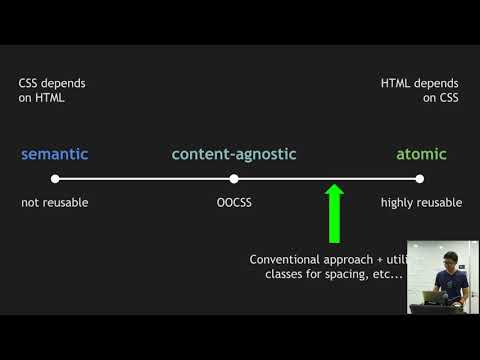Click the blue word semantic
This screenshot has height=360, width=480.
click(55, 154)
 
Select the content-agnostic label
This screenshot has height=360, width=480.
click(234, 154)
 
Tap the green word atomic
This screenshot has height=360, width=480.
click(421, 154)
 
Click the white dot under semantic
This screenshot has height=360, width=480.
click(55, 179)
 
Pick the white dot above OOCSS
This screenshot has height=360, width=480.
click(233, 179)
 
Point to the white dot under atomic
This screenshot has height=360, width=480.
click(420, 179)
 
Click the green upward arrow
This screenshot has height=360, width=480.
click(335, 211)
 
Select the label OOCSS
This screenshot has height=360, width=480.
click(234, 202)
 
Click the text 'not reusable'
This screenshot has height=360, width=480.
click(55, 202)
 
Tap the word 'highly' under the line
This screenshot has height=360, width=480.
click(398, 202)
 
